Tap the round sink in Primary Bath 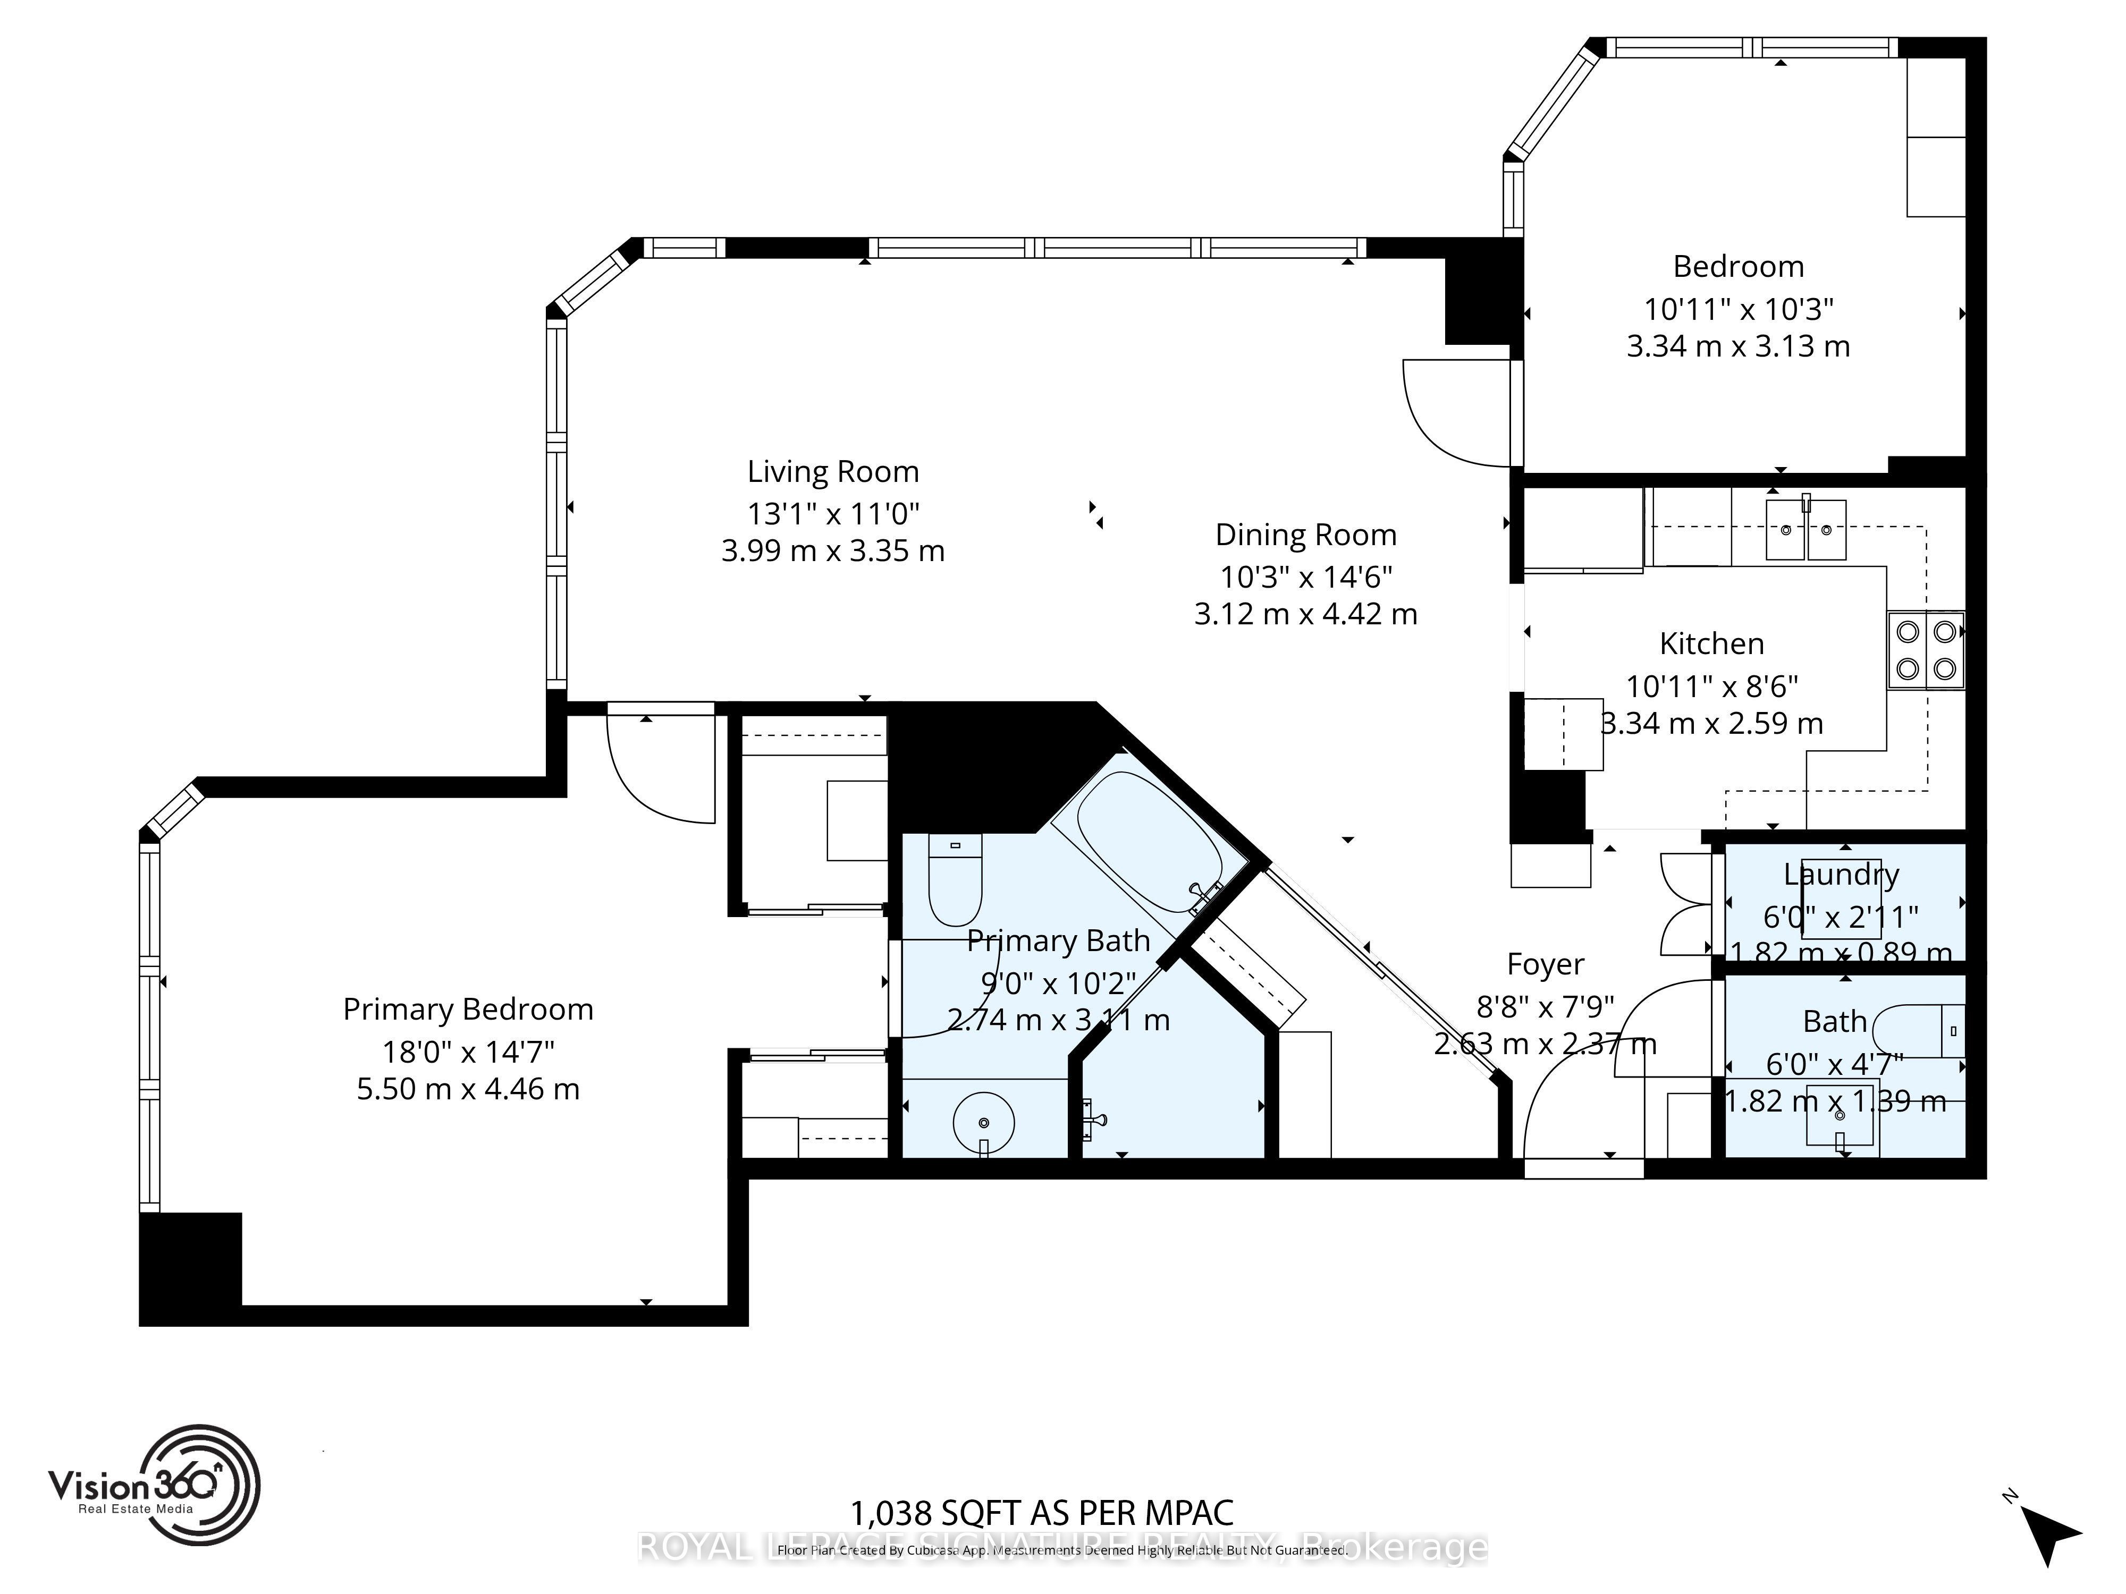(x=983, y=1121)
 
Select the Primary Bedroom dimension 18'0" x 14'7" (x=468, y=1052)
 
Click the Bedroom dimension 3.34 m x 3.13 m (x=1737, y=346)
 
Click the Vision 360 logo (x=154, y=1486)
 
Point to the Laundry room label (x=1841, y=875)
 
